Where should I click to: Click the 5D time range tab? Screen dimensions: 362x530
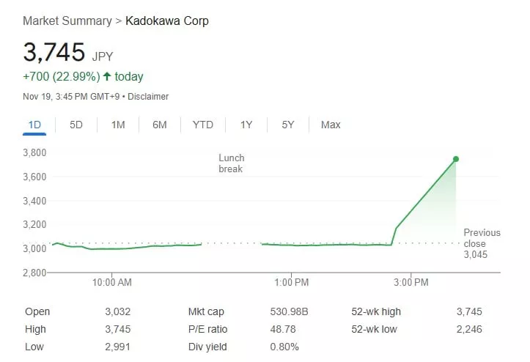(x=76, y=125)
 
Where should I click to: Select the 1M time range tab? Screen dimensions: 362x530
(x=118, y=125)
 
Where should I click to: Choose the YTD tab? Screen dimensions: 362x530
(x=202, y=125)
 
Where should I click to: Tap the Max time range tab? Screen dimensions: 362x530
(x=331, y=125)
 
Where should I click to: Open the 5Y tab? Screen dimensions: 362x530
(x=288, y=125)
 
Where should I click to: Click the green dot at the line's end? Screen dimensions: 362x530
(x=456, y=159)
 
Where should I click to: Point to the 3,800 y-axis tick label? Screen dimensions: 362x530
(x=34, y=152)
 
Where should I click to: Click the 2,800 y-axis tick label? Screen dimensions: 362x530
(x=34, y=273)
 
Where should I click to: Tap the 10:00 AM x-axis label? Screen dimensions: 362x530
(x=113, y=282)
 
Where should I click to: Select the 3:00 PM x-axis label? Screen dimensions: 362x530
(x=411, y=282)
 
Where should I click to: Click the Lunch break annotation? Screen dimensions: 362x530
(x=231, y=163)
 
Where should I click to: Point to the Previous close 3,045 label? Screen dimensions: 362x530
(x=482, y=243)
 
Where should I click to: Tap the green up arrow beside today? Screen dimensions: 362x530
(x=107, y=77)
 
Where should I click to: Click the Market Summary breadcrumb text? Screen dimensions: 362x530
(x=67, y=21)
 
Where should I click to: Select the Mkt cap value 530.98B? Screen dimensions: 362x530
(x=290, y=311)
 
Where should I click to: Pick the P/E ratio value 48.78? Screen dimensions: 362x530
(x=284, y=329)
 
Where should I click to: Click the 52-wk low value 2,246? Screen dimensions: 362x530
(x=470, y=329)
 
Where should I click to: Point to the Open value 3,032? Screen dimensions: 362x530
(x=118, y=311)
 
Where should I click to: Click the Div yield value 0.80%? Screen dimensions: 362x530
(x=284, y=347)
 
